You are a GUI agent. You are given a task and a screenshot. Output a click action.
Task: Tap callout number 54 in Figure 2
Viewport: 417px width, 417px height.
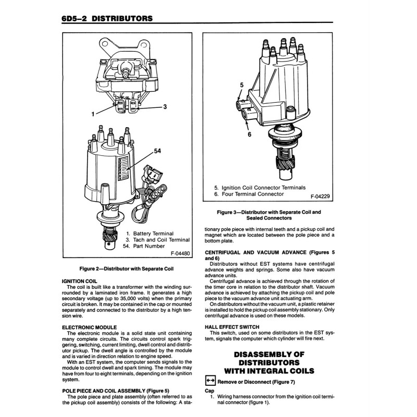point(157,151)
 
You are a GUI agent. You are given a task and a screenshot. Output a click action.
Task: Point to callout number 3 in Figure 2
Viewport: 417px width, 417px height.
point(164,107)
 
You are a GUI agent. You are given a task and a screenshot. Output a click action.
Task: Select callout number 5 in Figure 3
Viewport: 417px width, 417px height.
point(241,84)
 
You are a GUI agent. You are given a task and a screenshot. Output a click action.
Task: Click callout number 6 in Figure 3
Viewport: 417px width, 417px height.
point(249,134)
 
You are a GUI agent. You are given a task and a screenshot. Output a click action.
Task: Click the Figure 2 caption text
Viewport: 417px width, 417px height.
point(126,268)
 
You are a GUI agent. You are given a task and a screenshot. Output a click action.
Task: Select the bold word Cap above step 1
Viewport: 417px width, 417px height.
point(210,390)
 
